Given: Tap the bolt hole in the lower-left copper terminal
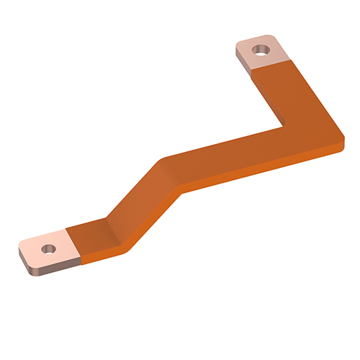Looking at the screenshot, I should [x=48, y=249].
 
